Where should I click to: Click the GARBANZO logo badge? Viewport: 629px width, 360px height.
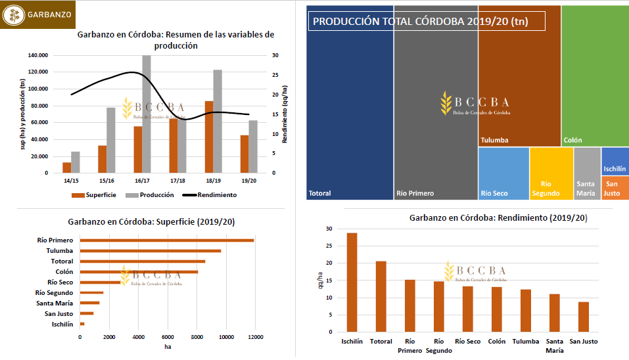tap(37, 14)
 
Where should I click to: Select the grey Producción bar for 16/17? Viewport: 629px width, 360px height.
tap(147, 114)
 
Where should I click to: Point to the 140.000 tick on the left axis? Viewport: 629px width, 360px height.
tap(38, 55)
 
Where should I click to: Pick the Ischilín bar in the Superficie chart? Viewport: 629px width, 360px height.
tap(82, 324)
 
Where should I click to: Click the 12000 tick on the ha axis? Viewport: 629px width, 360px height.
tap(256, 338)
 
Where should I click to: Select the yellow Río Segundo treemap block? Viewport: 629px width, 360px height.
tap(551, 173)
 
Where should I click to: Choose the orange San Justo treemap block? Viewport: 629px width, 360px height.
tap(615, 189)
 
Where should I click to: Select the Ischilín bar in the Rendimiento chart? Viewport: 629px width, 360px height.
tap(352, 282)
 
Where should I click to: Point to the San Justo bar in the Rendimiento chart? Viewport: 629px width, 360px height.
tap(583, 317)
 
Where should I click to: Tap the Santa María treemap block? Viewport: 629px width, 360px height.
tap(587, 173)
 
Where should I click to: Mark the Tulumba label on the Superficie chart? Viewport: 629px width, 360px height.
tap(59, 251)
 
